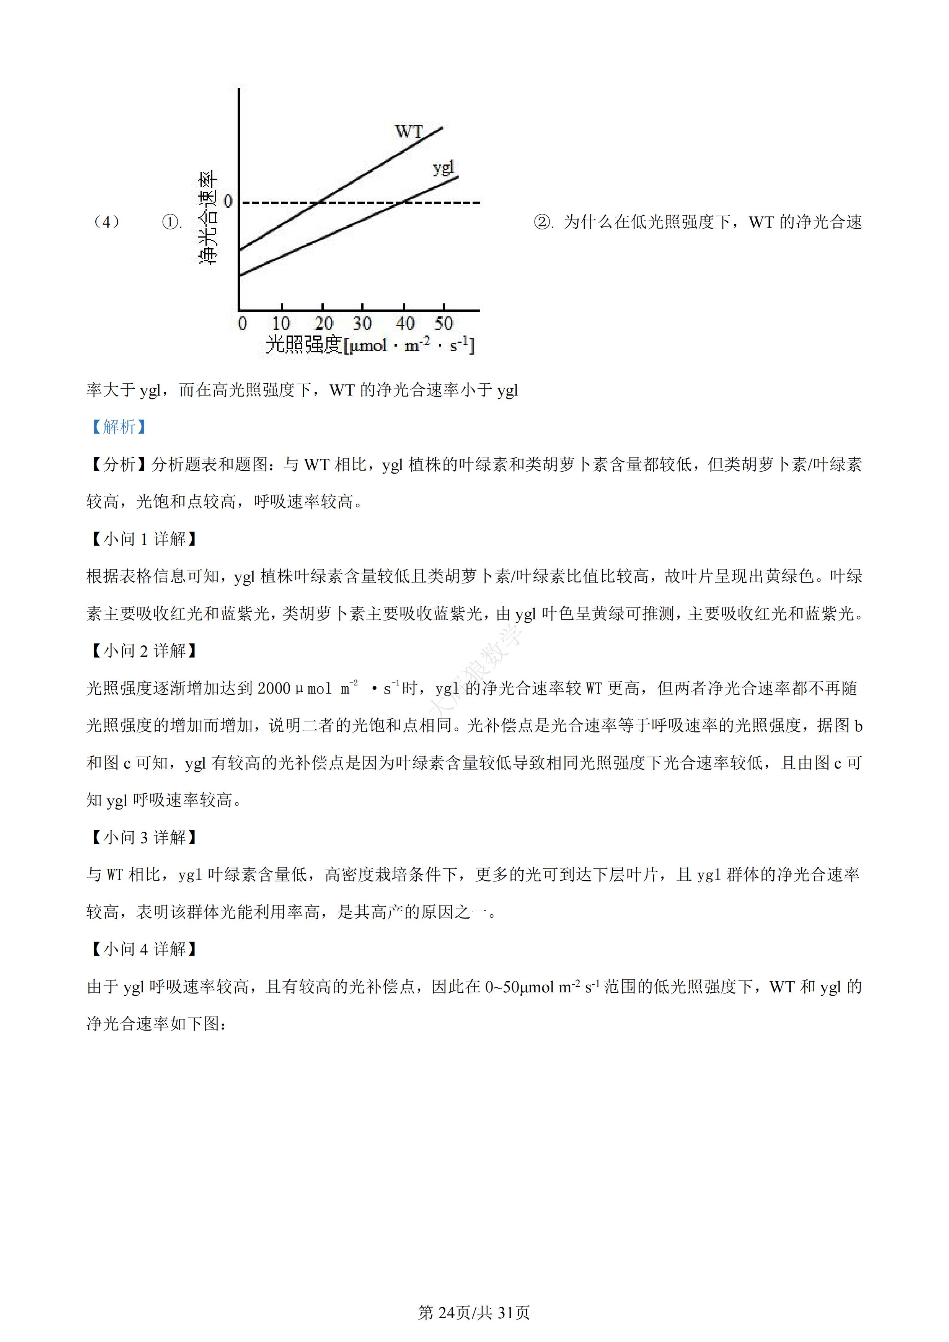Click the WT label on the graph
(408, 132)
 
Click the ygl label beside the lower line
(443, 168)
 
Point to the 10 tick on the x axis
(281, 322)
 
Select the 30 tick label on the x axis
(362, 322)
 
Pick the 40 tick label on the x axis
(404, 322)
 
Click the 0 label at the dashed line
(228, 202)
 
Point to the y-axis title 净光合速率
(209, 217)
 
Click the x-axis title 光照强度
(303, 344)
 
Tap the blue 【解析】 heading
(118, 427)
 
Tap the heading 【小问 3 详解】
(143, 837)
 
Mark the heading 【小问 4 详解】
(143, 949)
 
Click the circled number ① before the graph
(170, 222)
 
